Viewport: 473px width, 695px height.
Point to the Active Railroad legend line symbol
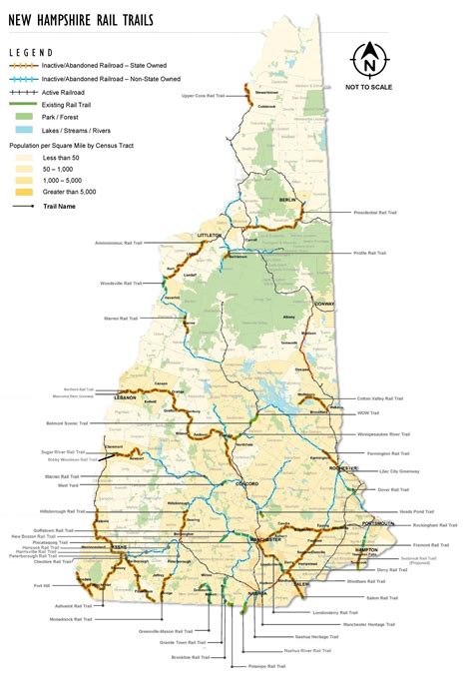[23, 92]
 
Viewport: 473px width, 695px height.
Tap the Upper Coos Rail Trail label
[200, 96]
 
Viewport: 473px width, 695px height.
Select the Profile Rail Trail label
[368, 254]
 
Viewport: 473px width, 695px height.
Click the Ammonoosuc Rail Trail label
[117, 243]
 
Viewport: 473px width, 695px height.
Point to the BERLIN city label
[288, 200]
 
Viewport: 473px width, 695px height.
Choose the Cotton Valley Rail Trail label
[379, 397]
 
